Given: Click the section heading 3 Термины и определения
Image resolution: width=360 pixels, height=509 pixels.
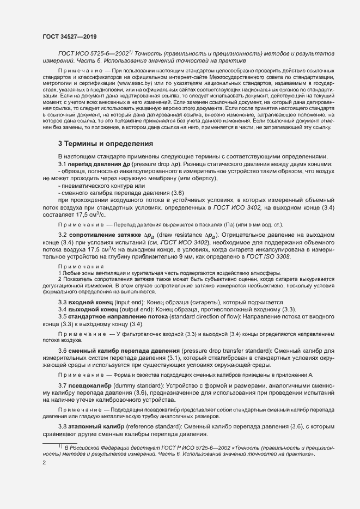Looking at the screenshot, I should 106,144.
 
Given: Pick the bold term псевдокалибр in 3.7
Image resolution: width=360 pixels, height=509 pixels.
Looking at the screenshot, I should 90,385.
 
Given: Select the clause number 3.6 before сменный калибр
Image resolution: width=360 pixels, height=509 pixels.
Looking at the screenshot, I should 63,349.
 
